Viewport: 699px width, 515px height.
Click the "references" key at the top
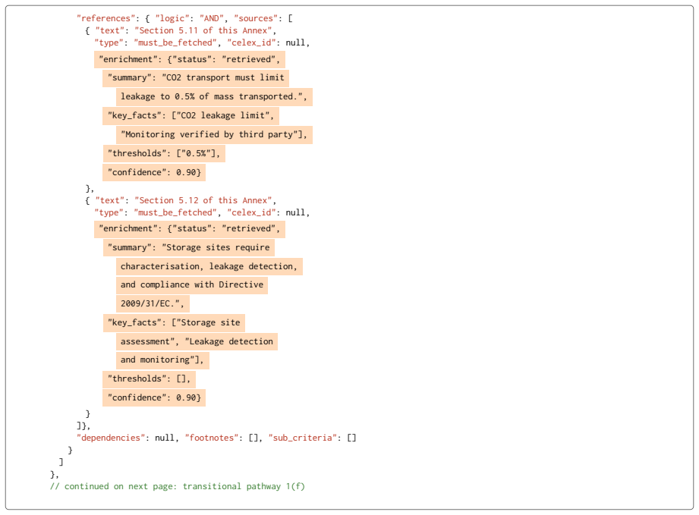(x=106, y=18)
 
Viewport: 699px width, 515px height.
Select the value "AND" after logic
(x=212, y=18)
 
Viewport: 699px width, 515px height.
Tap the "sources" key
(x=256, y=18)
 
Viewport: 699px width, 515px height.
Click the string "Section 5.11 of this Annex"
(x=203, y=30)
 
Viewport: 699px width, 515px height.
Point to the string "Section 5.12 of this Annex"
(x=203, y=200)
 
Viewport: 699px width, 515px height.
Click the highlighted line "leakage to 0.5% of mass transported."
(x=214, y=96)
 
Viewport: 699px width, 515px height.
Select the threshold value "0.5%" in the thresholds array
(x=196, y=153)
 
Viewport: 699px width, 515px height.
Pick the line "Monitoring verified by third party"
(x=214, y=134)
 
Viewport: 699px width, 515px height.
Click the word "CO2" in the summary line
(x=174, y=77)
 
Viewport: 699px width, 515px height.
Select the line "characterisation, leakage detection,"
(x=209, y=266)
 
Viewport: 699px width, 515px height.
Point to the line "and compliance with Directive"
(x=192, y=285)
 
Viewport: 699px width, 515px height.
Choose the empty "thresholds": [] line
(x=149, y=378)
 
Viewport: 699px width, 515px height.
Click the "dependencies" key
(x=111, y=438)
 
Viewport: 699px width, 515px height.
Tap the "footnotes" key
(x=212, y=438)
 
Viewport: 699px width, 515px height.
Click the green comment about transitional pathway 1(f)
(x=178, y=486)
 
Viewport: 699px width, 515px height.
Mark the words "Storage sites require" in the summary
(x=218, y=248)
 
